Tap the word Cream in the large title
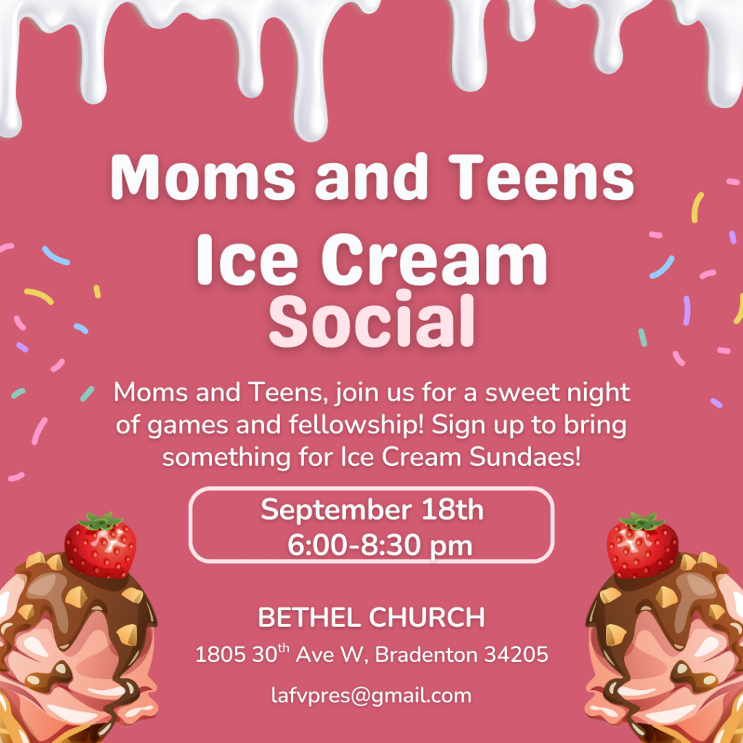(x=435, y=260)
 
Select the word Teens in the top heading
(x=541, y=177)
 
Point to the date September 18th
(x=372, y=510)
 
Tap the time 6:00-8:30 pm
(x=379, y=546)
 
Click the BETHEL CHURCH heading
(x=371, y=617)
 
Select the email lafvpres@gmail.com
(x=371, y=696)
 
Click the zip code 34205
(x=516, y=654)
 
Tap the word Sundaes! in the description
(x=525, y=457)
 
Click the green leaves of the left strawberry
(x=100, y=521)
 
